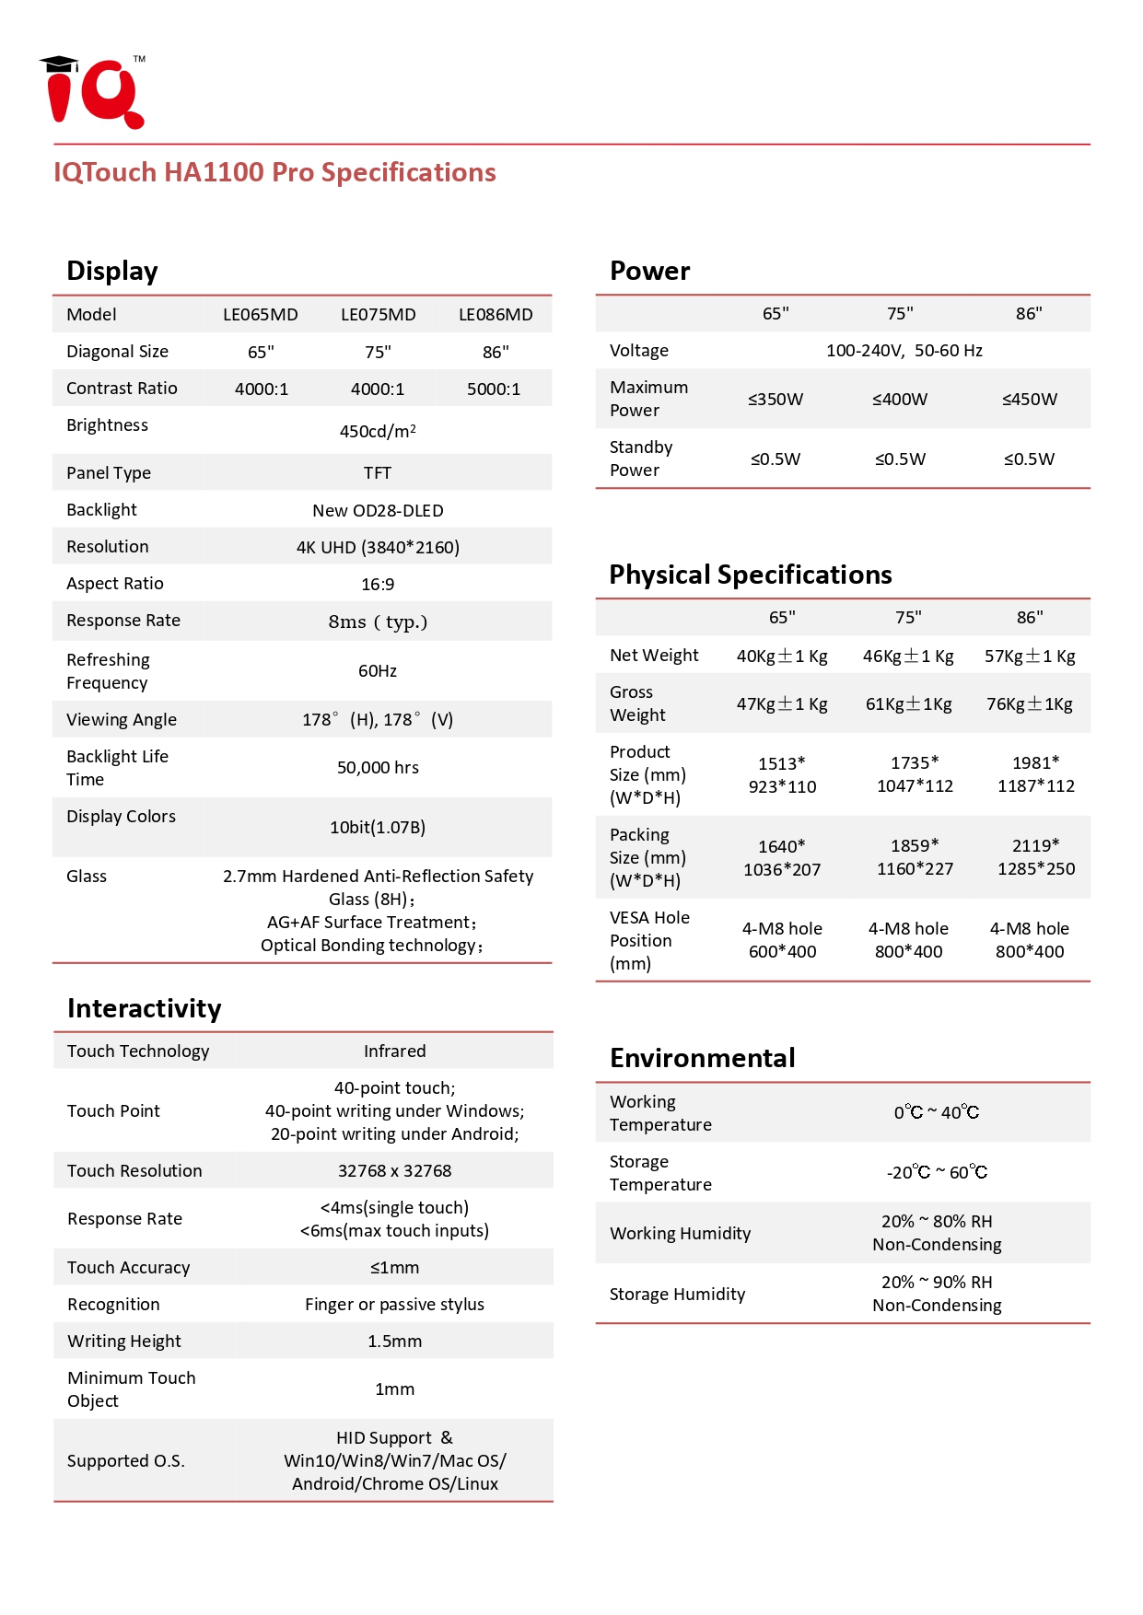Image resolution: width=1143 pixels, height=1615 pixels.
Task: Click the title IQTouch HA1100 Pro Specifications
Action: (x=274, y=172)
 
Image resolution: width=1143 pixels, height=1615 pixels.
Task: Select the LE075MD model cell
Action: (x=378, y=315)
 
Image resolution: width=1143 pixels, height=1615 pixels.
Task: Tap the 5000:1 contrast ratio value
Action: (x=494, y=389)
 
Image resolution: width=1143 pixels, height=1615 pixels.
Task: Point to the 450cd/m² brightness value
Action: (x=378, y=431)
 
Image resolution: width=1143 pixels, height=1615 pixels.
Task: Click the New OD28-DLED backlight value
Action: (x=378, y=510)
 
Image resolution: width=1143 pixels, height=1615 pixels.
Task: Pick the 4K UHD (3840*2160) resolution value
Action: (x=378, y=547)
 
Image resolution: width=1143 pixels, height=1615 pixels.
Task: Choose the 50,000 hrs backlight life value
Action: (x=378, y=767)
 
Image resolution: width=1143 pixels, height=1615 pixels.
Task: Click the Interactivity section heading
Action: (x=145, y=1008)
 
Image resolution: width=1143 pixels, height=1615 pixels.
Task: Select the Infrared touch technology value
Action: (x=394, y=1051)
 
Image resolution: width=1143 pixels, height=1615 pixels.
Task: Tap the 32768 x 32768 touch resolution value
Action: (x=394, y=1170)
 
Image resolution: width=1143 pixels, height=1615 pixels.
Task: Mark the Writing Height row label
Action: (x=124, y=1341)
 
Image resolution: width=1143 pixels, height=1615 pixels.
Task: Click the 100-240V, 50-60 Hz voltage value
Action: (x=904, y=350)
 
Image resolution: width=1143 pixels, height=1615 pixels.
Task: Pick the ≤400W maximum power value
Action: (x=900, y=399)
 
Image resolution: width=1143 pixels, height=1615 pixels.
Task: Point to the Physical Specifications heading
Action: (x=751, y=575)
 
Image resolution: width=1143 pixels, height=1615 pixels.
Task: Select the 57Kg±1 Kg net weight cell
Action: (x=1030, y=656)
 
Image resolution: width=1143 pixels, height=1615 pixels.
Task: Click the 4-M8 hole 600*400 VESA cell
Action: (x=782, y=939)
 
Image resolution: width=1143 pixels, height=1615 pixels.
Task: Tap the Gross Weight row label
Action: (x=637, y=703)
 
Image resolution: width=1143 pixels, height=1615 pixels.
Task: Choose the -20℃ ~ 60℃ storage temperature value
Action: (x=937, y=1172)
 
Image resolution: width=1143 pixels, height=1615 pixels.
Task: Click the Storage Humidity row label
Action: (x=677, y=1294)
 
